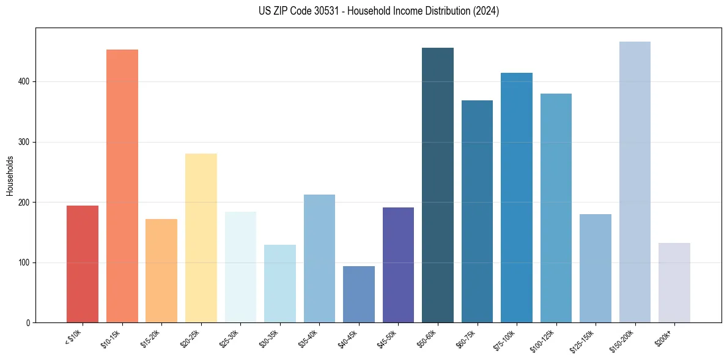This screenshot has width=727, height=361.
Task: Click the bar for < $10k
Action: tap(83, 264)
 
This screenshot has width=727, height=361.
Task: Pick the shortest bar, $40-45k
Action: tap(359, 294)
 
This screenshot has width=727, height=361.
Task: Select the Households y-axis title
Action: tap(10, 175)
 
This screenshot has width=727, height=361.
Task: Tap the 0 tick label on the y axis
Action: tap(28, 322)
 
